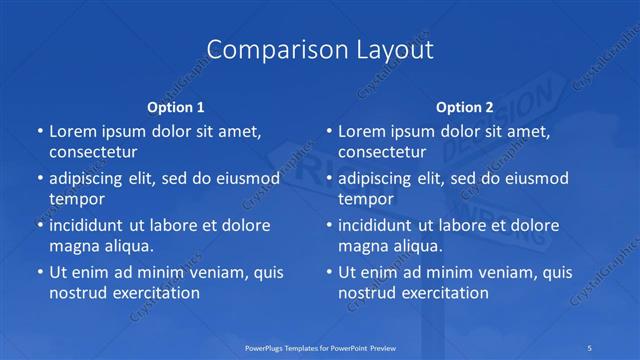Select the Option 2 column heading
point(464,106)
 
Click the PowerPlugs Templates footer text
point(319,346)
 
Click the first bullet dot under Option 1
point(39,131)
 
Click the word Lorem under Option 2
point(362,131)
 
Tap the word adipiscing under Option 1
point(92,178)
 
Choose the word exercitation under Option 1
point(152,293)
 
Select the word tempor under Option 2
point(366,199)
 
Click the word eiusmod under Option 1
point(246,178)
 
